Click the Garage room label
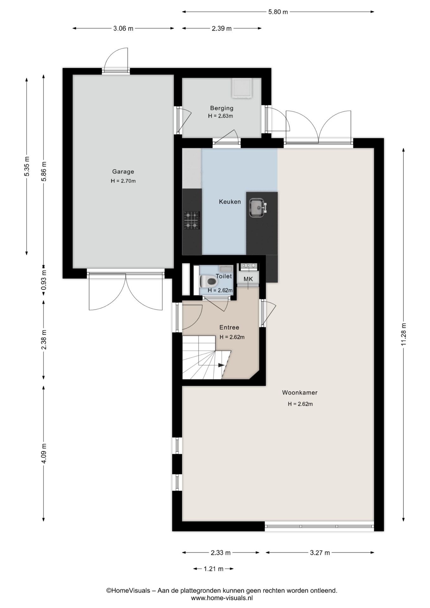click(123, 172)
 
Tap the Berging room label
click(222, 108)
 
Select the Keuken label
click(230, 202)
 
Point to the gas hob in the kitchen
click(192, 220)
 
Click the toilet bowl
click(208, 281)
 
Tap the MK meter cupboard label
click(248, 279)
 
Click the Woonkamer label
click(300, 393)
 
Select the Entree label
click(229, 327)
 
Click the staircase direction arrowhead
click(221, 365)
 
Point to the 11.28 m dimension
click(403, 334)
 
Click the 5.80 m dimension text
click(278, 12)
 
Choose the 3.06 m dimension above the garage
click(123, 28)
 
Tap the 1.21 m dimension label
click(213, 569)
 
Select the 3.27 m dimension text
click(320, 553)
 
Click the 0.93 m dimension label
click(44, 280)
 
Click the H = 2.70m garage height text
click(123, 181)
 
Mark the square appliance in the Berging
click(242, 88)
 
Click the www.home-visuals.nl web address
click(222, 598)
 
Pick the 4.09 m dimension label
click(44, 453)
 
